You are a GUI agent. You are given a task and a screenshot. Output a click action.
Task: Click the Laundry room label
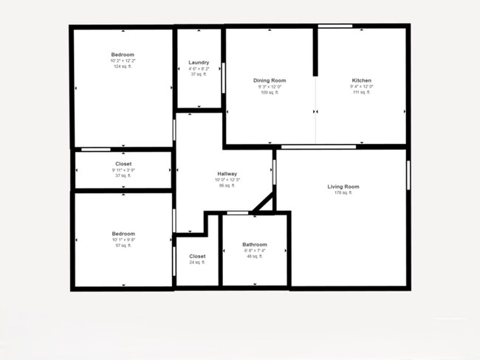pos(199,63)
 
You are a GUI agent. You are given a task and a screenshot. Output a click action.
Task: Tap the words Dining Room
pos(270,80)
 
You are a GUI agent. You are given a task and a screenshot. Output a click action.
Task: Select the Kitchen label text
pos(361,80)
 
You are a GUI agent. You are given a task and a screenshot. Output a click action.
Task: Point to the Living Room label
pos(343,187)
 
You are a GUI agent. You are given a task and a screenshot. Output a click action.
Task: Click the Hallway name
pos(227,174)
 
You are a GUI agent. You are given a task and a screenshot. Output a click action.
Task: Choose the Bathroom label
pos(255,244)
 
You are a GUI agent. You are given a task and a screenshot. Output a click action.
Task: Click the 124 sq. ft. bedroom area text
pos(123,66)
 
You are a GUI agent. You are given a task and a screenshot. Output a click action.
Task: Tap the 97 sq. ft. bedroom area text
pos(123,245)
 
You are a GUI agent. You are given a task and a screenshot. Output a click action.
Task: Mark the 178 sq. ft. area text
pos(343,193)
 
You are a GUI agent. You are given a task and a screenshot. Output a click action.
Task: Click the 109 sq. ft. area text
pos(270,92)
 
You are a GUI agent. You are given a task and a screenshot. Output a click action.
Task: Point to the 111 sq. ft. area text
pos(361,92)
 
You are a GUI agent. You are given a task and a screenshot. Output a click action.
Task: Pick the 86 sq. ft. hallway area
pos(227,186)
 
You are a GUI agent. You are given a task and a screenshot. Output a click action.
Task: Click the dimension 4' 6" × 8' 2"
pos(199,69)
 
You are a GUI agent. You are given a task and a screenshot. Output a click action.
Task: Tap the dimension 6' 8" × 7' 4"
pos(255,250)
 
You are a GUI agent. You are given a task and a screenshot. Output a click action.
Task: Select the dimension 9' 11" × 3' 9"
pos(123,170)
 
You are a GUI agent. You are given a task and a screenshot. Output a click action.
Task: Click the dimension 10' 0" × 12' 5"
pos(227,180)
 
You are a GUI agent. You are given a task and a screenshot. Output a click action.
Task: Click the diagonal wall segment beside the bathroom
pos(263,201)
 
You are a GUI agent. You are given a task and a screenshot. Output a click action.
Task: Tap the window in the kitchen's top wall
pos(335,27)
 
